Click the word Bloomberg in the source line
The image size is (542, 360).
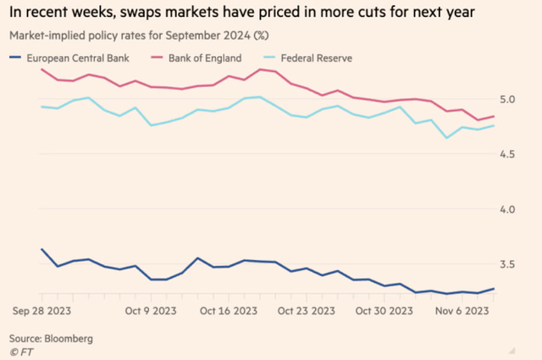tap(69, 337)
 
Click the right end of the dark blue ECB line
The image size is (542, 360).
tap(494, 289)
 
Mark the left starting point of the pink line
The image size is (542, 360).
tap(41, 69)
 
